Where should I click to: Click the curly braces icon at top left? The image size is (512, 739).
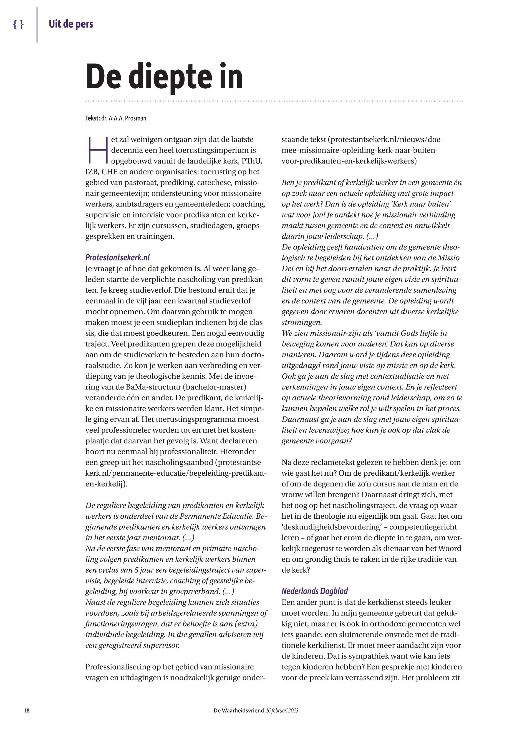(x=18, y=25)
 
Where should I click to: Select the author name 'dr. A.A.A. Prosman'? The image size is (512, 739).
(x=123, y=118)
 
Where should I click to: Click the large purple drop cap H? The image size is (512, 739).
(x=97, y=150)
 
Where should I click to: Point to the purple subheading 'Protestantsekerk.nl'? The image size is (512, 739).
(x=117, y=257)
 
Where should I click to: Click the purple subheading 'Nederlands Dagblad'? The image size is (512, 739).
(x=314, y=591)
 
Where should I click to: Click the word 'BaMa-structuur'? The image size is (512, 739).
(x=157, y=387)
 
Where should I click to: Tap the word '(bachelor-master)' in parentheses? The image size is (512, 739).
(x=214, y=387)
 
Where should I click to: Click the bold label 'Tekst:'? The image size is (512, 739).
(x=92, y=118)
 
